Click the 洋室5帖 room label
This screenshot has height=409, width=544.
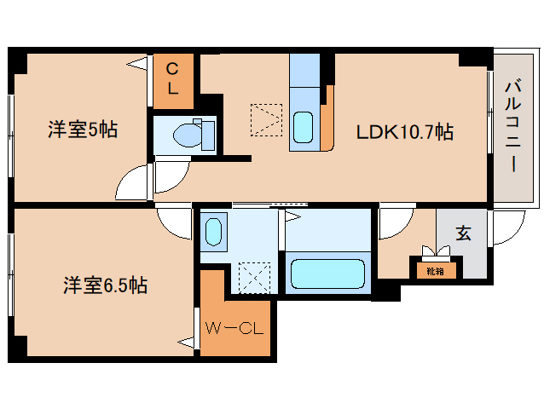83,130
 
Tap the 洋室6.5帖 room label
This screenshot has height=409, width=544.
105,285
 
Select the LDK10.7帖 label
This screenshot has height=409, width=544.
404,132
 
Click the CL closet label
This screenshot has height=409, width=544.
172,79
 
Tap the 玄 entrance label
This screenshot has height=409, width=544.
463,233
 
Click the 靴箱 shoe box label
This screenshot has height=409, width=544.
435,271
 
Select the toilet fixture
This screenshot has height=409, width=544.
189,134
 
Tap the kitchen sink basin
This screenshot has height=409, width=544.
304,127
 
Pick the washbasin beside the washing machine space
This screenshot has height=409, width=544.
213,231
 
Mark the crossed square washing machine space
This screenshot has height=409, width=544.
253,276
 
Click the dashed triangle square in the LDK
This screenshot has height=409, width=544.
266,119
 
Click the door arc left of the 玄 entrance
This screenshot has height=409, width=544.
394,223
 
